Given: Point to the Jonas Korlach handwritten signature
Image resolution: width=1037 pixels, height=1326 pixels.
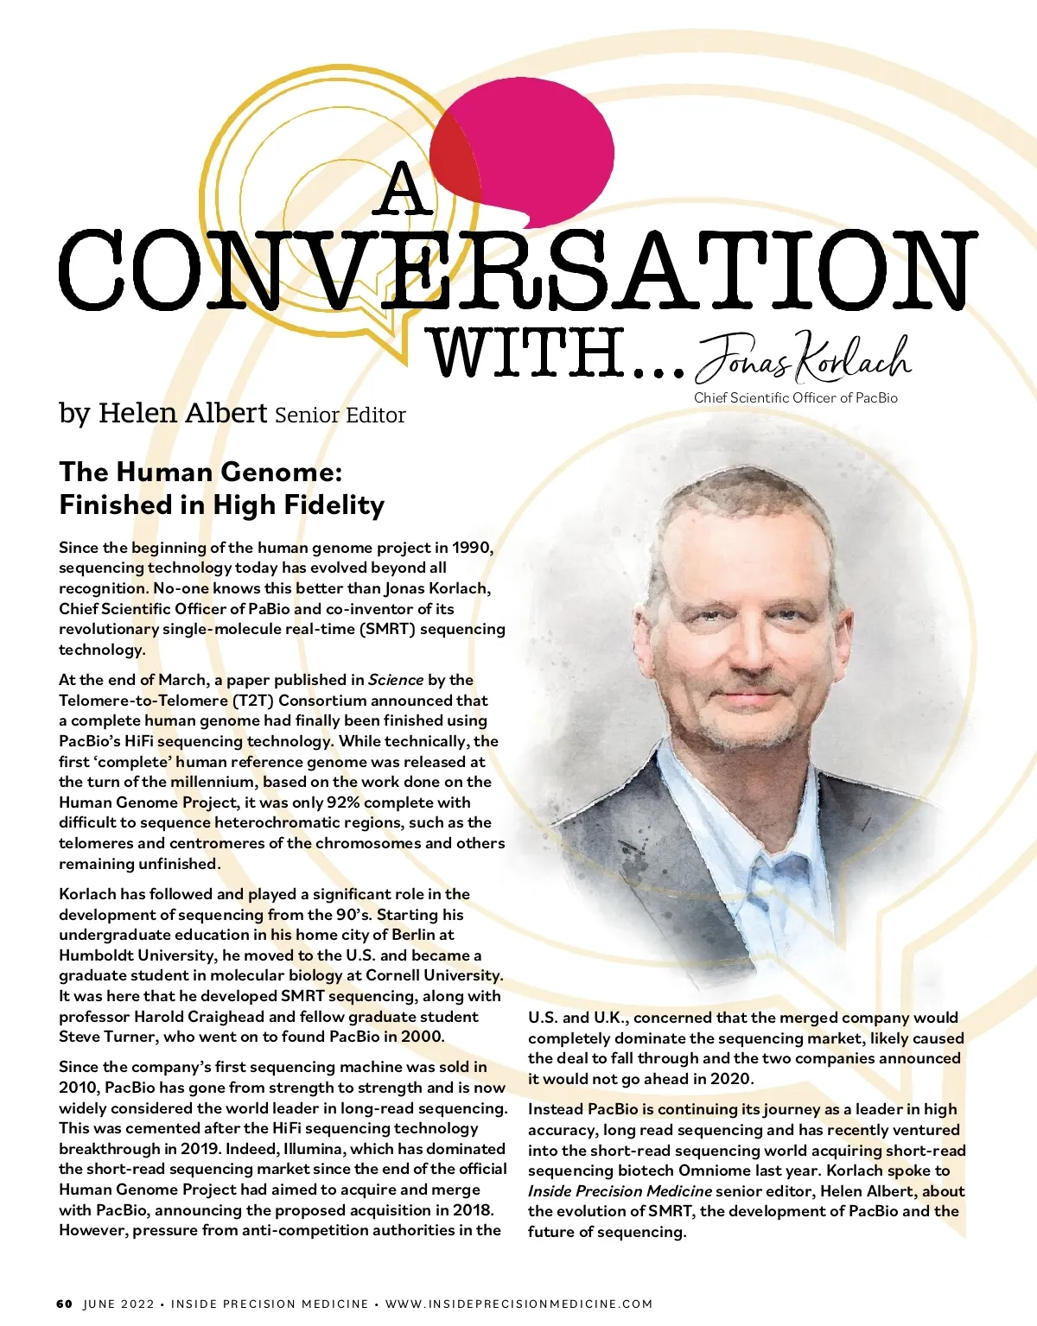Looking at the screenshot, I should point(803,357).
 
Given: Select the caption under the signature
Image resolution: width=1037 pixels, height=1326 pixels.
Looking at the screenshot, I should point(795,397).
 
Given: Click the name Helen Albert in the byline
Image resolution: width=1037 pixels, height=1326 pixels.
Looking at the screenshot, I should point(182,413).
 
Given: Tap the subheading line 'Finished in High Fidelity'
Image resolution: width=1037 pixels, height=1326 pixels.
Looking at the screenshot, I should point(222,504).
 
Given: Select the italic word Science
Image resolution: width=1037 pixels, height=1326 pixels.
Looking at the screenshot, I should point(395,680).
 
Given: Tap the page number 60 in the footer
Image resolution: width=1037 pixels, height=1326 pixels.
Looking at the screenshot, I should point(65,1304).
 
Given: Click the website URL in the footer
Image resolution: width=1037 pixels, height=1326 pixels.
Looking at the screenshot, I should point(518,1304).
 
